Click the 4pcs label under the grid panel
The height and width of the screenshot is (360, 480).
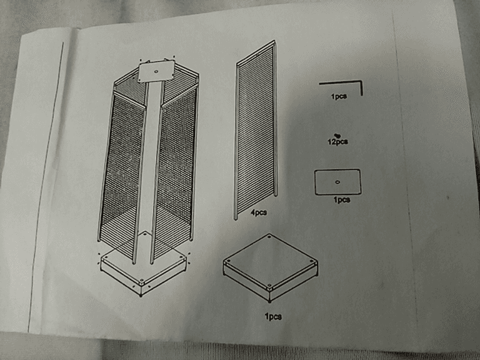coord(259,212)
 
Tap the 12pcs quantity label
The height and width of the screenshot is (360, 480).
coord(337,142)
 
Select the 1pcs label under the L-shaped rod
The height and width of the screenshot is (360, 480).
coord(339,96)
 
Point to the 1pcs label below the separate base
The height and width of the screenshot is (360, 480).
coord(273,316)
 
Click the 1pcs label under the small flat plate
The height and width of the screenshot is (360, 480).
coord(342,200)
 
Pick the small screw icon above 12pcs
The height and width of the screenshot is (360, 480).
coord(337,135)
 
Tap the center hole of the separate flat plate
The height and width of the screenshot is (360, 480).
coord(337,182)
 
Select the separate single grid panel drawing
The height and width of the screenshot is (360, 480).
coord(256,130)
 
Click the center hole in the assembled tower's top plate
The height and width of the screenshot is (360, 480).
coord(156,72)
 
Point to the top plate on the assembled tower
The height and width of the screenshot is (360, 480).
coord(156,71)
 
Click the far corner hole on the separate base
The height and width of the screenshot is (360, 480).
coord(269,236)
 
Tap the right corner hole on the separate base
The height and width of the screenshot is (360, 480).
coord(312,262)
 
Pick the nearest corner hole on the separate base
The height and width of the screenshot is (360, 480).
coord(269,287)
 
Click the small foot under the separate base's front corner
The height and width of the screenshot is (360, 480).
coord(270,301)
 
